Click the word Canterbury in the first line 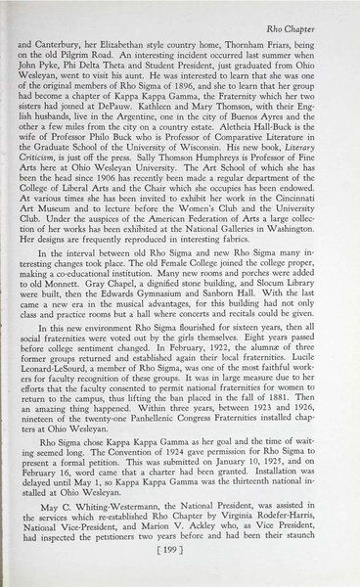84,45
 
